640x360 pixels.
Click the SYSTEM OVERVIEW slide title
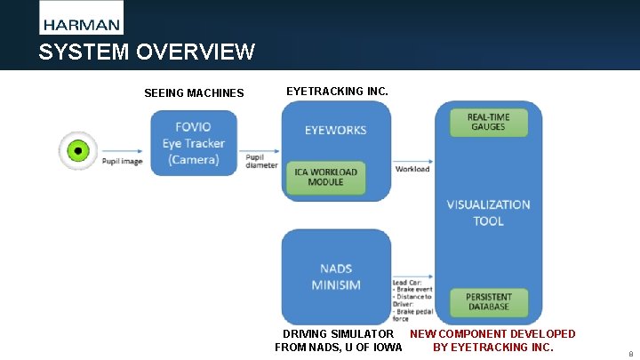pyautogui.click(x=147, y=52)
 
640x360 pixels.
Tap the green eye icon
pyautogui.click(x=77, y=150)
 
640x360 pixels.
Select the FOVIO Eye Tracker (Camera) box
pyautogui.click(x=194, y=143)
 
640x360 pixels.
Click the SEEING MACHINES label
pyautogui.click(x=194, y=93)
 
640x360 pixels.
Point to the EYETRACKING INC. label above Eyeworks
pyautogui.click(x=337, y=91)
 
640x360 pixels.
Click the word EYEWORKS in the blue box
pyautogui.click(x=335, y=130)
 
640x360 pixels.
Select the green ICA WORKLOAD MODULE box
pyautogui.click(x=326, y=177)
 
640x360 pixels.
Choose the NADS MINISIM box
pyautogui.click(x=336, y=276)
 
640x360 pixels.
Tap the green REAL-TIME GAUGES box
pyautogui.click(x=488, y=122)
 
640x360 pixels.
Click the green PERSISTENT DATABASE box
pyautogui.click(x=488, y=301)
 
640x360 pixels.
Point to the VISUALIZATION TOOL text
pyautogui.click(x=488, y=212)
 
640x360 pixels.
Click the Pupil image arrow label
pyautogui.click(x=122, y=162)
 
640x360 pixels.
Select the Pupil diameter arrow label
pyautogui.click(x=261, y=160)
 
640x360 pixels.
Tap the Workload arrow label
pyautogui.click(x=412, y=169)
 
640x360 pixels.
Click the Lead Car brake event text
pyautogui.click(x=412, y=289)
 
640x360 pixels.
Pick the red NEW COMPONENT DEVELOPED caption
pyautogui.click(x=492, y=334)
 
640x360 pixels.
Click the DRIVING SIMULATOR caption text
pyautogui.click(x=338, y=334)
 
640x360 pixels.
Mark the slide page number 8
pyautogui.click(x=630, y=353)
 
